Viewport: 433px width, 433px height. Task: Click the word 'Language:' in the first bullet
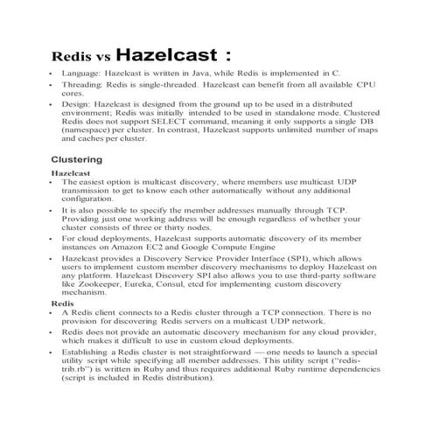[82, 78]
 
